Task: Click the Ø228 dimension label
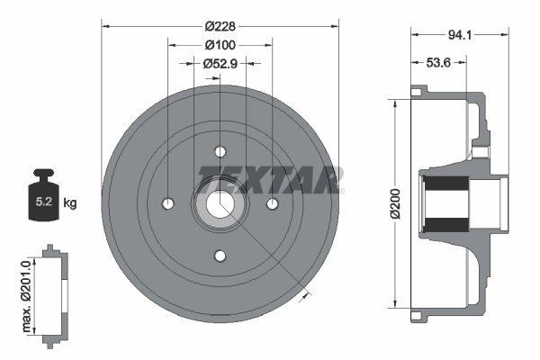click(220, 26)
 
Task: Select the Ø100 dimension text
click(220, 45)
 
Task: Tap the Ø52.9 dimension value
click(220, 63)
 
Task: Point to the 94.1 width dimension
click(461, 36)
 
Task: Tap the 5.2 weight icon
click(43, 200)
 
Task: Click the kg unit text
click(70, 203)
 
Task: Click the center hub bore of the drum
click(220, 203)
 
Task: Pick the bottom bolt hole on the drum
click(220, 256)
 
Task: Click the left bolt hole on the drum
click(168, 203)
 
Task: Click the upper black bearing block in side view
click(445, 190)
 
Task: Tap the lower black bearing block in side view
click(445, 221)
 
